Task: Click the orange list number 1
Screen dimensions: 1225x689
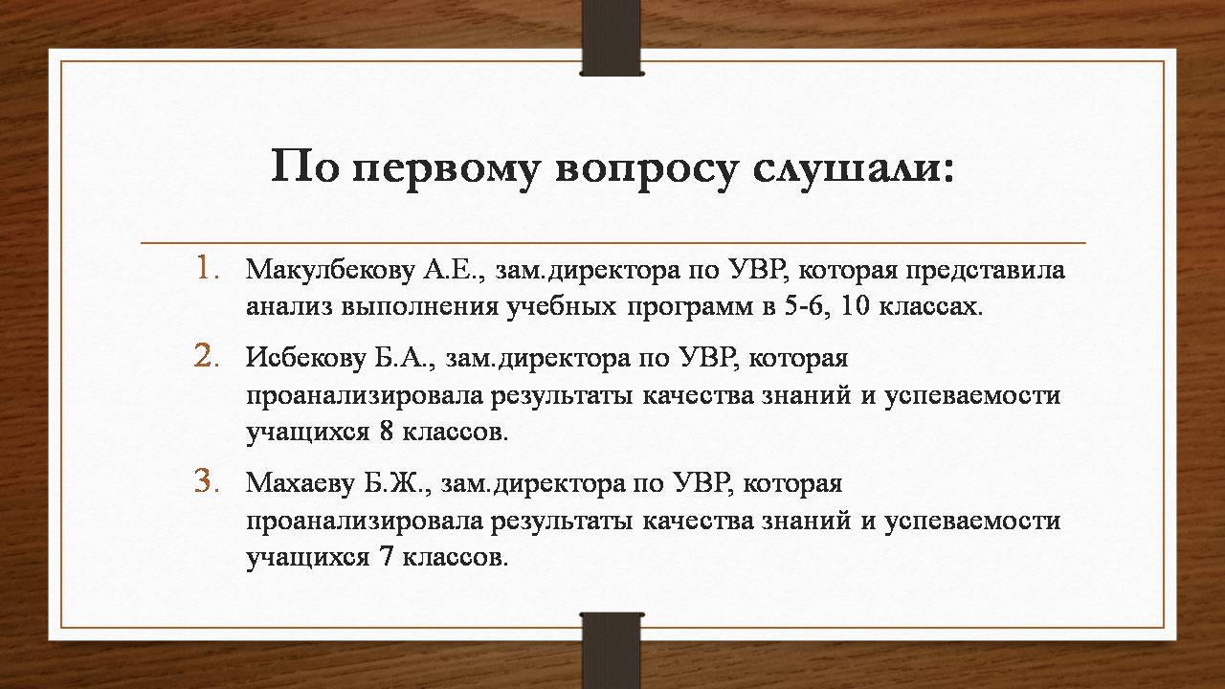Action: click(208, 268)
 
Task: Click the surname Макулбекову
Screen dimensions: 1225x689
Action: click(330, 270)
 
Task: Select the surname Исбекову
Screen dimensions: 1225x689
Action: click(305, 358)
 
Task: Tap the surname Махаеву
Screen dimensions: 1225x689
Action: click(301, 483)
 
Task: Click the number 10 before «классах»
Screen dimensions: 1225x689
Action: click(855, 306)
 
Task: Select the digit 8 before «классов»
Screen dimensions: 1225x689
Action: click(386, 432)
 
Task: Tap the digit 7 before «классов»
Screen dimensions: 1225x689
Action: click(386, 557)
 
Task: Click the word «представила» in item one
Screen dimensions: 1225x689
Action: click(985, 271)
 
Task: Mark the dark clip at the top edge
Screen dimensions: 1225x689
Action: click(612, 37)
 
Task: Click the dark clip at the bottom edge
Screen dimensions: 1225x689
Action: click(612, 651)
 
